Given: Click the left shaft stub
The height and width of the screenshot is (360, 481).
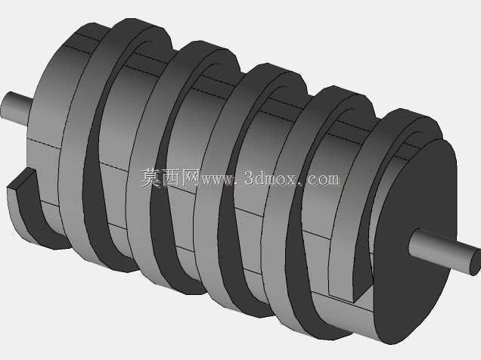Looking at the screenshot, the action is coord(16,109).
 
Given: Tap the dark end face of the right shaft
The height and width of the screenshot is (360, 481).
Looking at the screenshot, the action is coord(476,262).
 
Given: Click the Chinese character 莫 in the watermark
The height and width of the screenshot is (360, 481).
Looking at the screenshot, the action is coord(151,178).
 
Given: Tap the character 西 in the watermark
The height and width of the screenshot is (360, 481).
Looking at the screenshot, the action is coord(171,178).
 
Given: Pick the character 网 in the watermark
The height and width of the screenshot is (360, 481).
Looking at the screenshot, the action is coord(191,178).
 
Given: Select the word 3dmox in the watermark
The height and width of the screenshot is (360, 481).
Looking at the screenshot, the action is coord(270,178).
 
